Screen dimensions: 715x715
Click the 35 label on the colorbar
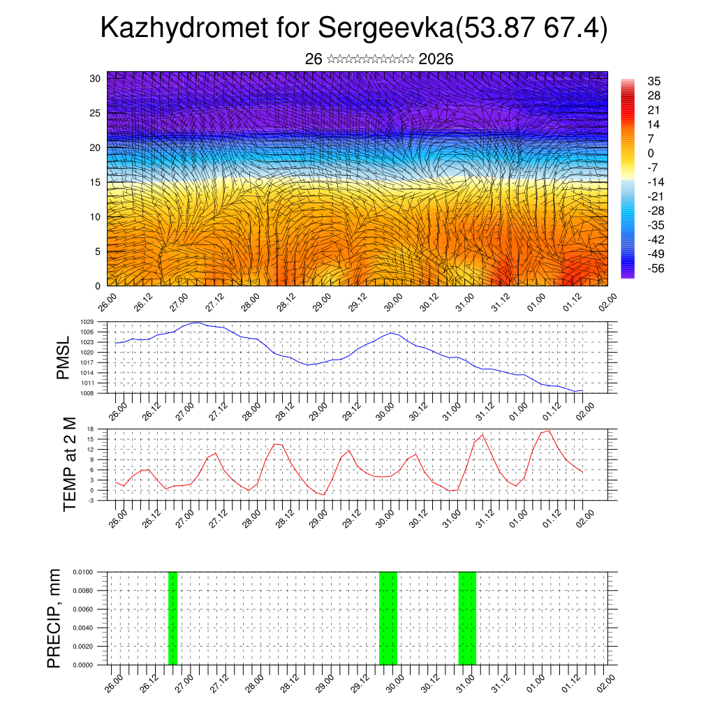(x=654, y=81)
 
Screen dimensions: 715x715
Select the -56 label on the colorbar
(x=656, y=267)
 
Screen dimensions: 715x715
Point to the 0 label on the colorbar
(x=651, y=153)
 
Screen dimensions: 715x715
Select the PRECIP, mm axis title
(x=54, y=619)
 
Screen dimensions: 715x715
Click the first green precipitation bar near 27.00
(x=172, y=619)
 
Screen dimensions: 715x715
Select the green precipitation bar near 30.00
(x=388, y=619)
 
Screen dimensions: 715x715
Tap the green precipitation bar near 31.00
(x=467, y=619)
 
